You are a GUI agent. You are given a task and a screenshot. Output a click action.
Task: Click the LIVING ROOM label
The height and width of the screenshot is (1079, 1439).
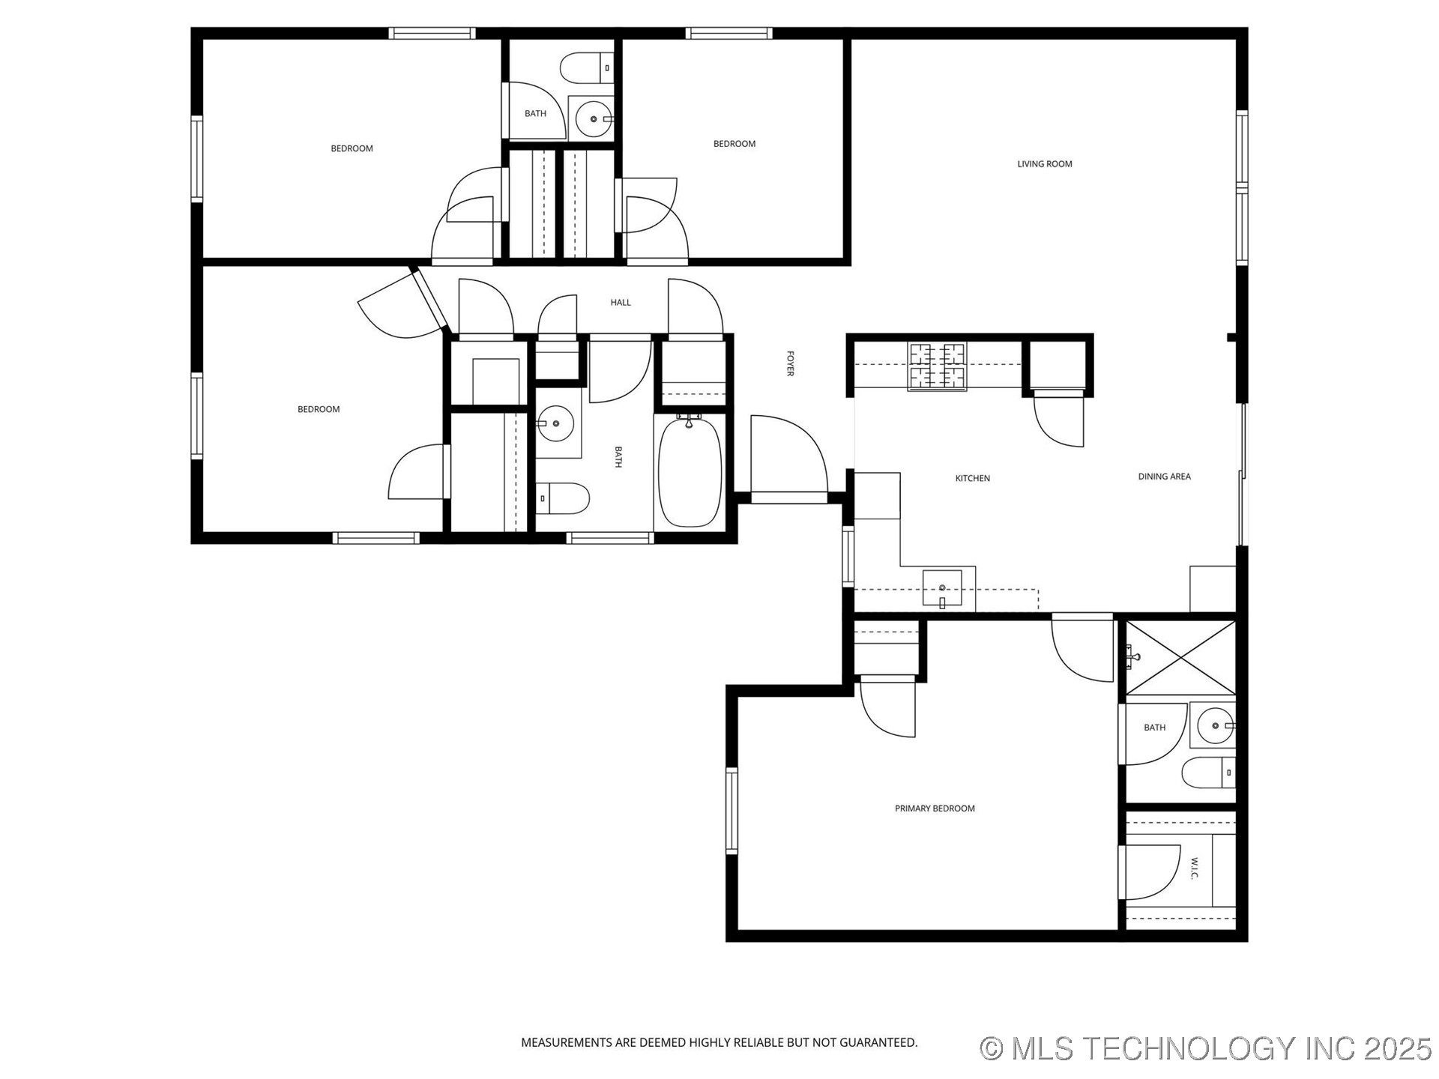[1044, 163]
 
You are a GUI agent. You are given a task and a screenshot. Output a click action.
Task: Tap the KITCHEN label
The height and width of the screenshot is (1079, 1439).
[972, 478]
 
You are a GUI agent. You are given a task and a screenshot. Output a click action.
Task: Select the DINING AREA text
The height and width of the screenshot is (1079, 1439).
[1164, 477]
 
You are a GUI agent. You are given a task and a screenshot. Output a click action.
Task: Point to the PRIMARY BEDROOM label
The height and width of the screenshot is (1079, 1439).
[935, 809]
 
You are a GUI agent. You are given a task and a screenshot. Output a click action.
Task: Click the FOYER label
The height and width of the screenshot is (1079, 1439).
[790, 363]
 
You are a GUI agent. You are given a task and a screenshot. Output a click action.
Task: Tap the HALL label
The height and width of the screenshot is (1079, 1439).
[621, 303]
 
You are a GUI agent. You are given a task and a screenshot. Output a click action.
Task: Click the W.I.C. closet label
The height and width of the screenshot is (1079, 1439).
[1195, 869]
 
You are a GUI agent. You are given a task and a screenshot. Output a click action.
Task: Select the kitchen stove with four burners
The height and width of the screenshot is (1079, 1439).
[937, 366]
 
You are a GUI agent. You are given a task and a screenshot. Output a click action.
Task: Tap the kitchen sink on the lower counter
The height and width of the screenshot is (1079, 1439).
[942, 588]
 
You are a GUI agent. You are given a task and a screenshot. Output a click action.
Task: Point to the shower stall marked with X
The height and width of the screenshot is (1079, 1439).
[1181, 658]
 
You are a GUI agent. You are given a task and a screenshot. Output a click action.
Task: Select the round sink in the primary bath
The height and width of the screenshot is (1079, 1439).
[1214, 725]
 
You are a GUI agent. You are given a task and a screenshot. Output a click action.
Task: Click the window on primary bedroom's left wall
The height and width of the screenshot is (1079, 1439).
[731, 811]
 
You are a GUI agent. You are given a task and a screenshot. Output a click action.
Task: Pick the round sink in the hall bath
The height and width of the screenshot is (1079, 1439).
[555, 424]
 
